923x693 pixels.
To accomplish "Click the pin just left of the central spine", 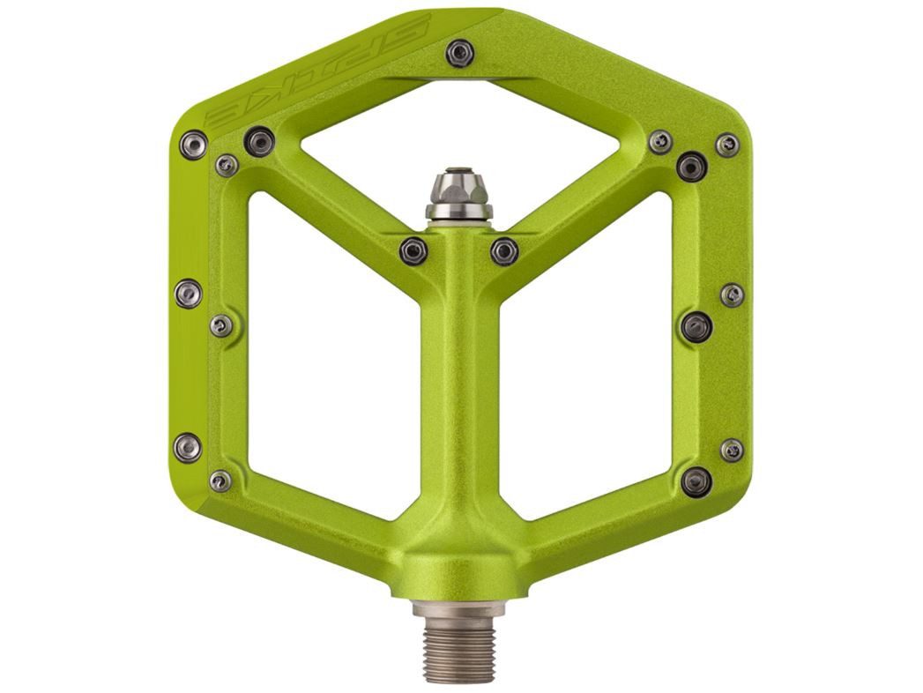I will [x=413, y=250].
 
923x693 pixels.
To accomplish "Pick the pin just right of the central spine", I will [x=504, y=250].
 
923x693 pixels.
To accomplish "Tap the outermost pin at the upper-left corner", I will [x=193, y=144].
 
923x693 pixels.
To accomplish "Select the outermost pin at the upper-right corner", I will [x=727, y=145].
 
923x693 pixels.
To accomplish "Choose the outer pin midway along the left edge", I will [x=188, y=293].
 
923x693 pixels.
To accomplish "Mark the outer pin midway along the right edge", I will [x=732, y=294].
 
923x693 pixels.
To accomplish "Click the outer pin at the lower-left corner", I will [x=187, y=447].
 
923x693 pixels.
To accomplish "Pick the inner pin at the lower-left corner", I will [x=220, y=481].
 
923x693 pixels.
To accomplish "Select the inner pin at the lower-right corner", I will [x=696, y=481].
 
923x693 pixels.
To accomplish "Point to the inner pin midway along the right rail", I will [x=696, y=326].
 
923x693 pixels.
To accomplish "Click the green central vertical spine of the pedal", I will [x=458, y=397].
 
